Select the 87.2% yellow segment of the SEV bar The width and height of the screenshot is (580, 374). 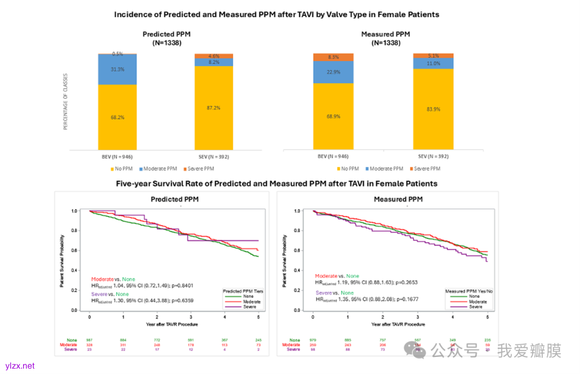coord(214,108)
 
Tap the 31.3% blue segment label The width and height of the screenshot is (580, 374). coord(117,69)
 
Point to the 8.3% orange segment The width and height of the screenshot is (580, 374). coord(332,57)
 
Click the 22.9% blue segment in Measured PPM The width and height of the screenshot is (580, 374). coord(332,72)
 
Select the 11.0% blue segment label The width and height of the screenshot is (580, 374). coord(433,63)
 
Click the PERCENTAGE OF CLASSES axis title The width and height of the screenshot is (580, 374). coord(66,102)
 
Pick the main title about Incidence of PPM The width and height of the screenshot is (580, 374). coord(277,15)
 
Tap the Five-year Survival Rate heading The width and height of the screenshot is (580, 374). coord(277,184)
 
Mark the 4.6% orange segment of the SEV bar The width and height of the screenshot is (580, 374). coord(214,56)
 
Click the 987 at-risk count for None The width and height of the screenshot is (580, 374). coord(89,340)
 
